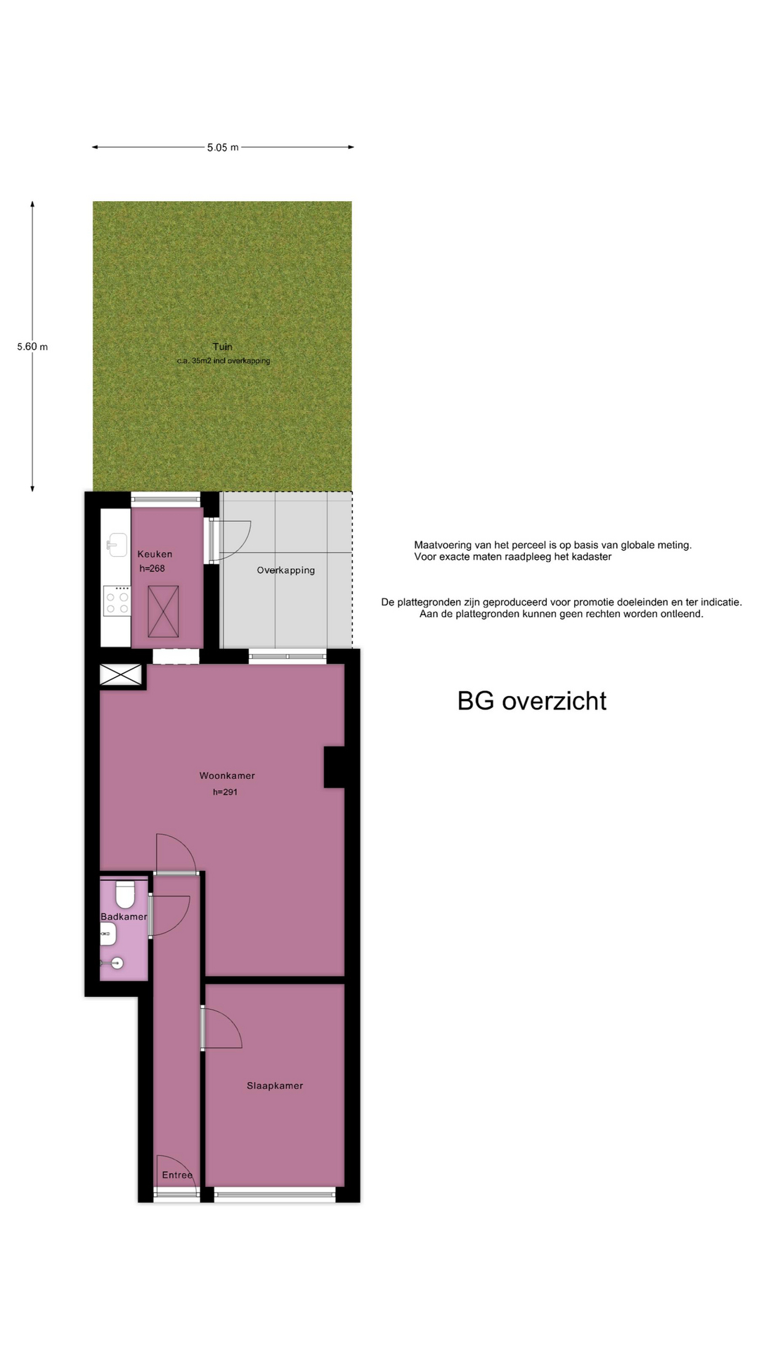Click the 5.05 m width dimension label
223,148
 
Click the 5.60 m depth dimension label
32,347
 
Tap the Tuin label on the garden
223,347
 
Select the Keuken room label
155,554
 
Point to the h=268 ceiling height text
152,569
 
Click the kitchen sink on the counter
117,545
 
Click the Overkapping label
286,570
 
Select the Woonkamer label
227,776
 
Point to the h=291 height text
226,792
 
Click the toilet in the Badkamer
125,894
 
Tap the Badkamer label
124,917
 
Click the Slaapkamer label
275,1086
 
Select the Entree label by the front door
177,1176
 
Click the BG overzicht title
532,701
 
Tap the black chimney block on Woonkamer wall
335,767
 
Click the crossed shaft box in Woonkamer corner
122,675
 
